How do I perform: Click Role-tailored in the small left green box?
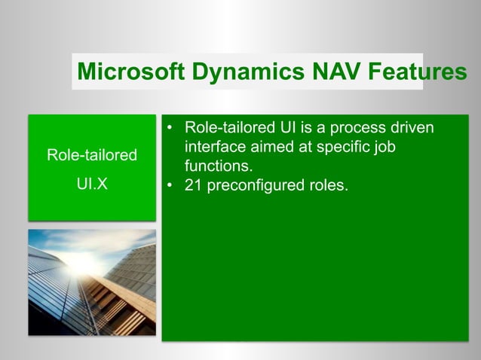coord(92,156)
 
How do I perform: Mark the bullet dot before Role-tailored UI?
coord(171,127)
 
